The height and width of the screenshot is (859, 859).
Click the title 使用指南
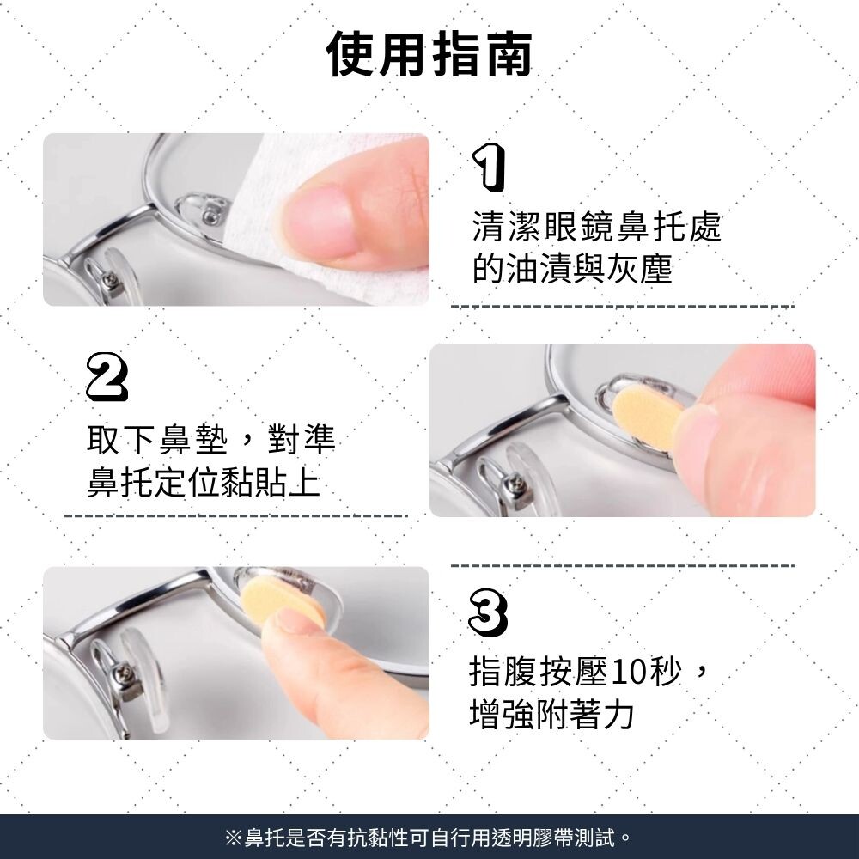tap(429, 53)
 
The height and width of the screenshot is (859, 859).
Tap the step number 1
tap(489, 168)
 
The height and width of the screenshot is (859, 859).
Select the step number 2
tap(107, 377)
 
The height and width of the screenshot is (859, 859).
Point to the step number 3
tap(488, 612)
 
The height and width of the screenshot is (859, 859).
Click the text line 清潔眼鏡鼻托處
tap(597, 226)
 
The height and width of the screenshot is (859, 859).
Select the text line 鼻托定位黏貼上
tap(204, 482)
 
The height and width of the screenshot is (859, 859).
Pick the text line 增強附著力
tap(551, 714)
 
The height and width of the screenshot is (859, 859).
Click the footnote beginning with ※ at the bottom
tap(429, 837)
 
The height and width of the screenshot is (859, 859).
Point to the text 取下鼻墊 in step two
tap(156, 438)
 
